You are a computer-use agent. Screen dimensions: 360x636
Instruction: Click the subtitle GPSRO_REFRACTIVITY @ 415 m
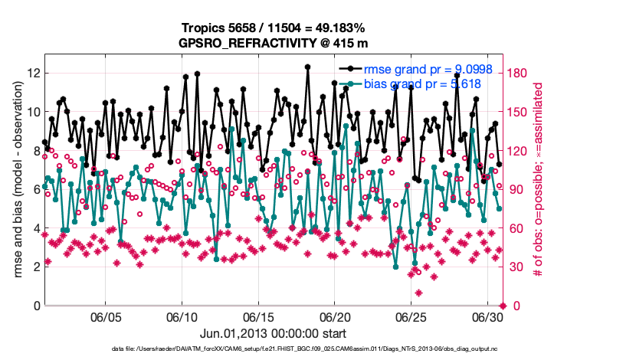coord(273,43)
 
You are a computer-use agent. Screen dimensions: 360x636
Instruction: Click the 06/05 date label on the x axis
coord(106,316)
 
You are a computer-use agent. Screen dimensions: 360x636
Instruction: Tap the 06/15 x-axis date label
coord(258,316)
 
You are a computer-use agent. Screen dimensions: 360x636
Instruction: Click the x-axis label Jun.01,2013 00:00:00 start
coord(273,334)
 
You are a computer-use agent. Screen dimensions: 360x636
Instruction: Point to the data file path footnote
coord(273,350)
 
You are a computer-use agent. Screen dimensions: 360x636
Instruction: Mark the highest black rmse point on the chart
coord(307,67)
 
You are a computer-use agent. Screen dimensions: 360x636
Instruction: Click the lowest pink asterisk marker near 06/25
coord(418,293)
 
